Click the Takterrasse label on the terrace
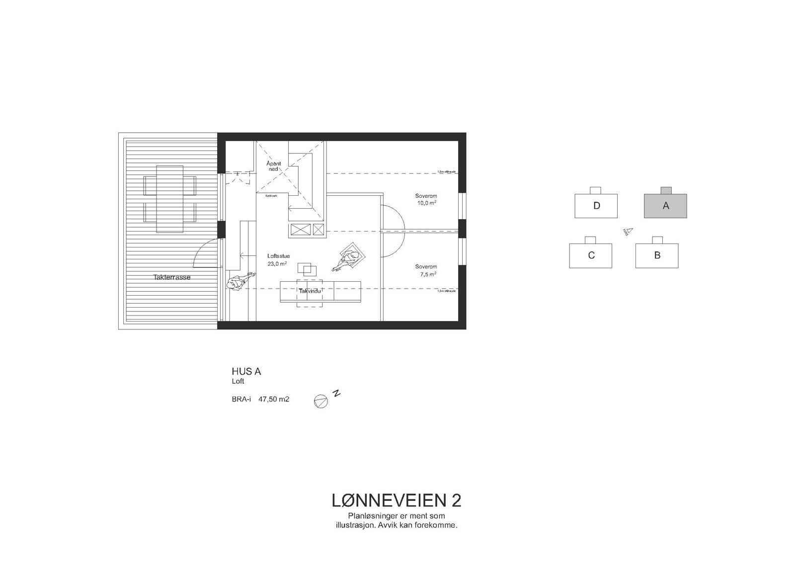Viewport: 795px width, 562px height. [172, 277]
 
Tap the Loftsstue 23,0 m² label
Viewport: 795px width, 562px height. [278, 260]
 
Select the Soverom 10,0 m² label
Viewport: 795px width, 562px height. [426, 199]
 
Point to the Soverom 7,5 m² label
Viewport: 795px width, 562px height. [426, 270]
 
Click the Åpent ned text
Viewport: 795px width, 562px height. [273, 166]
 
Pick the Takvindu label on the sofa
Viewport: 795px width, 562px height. [310, 291]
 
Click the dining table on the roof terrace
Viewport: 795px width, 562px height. [169, 199]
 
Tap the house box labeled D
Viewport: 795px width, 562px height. [596, 205]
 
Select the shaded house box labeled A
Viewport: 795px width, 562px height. [665, 206]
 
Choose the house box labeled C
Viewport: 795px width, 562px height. [590, 255]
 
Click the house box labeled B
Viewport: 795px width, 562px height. [657, 255]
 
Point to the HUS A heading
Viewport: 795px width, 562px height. [246, 371]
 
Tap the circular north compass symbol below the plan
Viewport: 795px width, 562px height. [321, 401]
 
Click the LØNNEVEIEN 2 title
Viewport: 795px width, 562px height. [396, 500]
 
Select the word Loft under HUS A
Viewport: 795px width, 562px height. [238, 382]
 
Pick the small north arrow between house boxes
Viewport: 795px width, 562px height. [627, 231]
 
